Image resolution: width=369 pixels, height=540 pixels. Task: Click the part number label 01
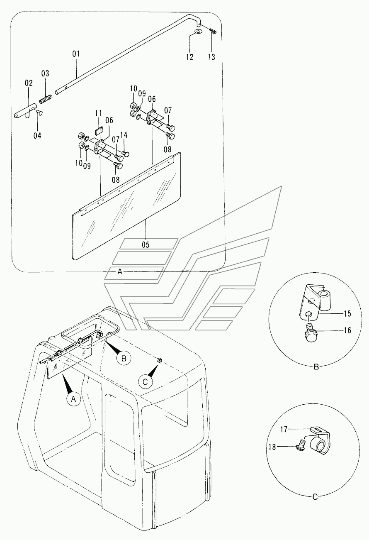click(76, 54)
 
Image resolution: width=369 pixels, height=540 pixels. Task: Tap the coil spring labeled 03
click(46, 99)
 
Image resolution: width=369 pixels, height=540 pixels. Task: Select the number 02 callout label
click(29, 83)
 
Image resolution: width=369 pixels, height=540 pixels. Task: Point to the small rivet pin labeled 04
click(39, 112)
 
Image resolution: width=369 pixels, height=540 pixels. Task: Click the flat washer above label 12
click(198, 32)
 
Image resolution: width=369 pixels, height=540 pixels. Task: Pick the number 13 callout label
click(211, 57)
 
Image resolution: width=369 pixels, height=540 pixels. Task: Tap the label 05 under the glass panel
click(146, 245)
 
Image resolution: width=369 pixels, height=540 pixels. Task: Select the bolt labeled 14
click(126, 153)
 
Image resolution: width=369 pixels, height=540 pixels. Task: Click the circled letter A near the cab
click(73, 399)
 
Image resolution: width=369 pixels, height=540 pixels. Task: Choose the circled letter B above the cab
click(124, 359)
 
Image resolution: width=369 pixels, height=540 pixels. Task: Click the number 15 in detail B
click(347, 314)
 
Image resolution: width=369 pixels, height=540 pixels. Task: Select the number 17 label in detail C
click(284, 429)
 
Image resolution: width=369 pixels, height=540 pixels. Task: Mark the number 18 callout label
click(272, 447)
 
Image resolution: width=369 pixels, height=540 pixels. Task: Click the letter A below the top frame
click(120, 272)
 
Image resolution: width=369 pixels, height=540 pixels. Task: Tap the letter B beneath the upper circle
click(316, 367)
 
